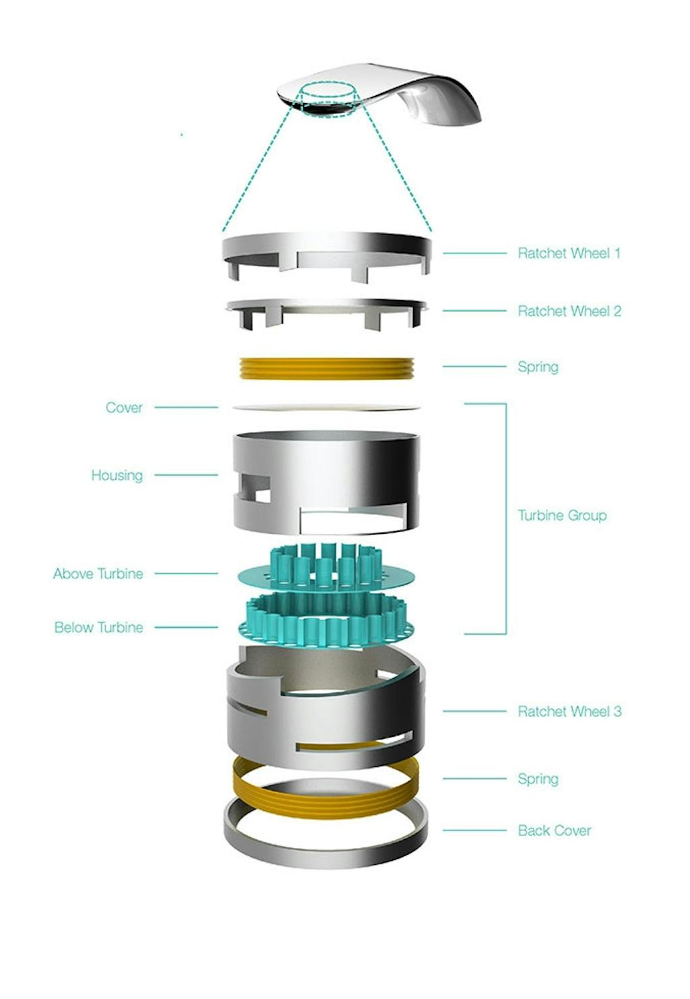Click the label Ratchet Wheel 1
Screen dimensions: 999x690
coord(568,253)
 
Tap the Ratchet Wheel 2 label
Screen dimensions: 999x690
coord(569,311)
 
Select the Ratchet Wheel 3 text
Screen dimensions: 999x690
coord(569,711)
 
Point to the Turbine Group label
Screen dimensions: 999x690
coord(561,516)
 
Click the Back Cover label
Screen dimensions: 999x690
coord(554,830)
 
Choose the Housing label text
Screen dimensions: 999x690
coord(117,475)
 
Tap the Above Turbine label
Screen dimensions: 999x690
coord(98,574)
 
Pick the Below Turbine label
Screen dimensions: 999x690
coord(98,628)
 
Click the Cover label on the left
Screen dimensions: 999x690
coord(124,407)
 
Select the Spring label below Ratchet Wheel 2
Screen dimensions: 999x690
coord(537,367)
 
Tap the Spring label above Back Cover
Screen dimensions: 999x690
coord(537,779)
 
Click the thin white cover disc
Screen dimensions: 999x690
coord(326,407)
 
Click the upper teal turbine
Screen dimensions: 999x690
coord(326,566)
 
